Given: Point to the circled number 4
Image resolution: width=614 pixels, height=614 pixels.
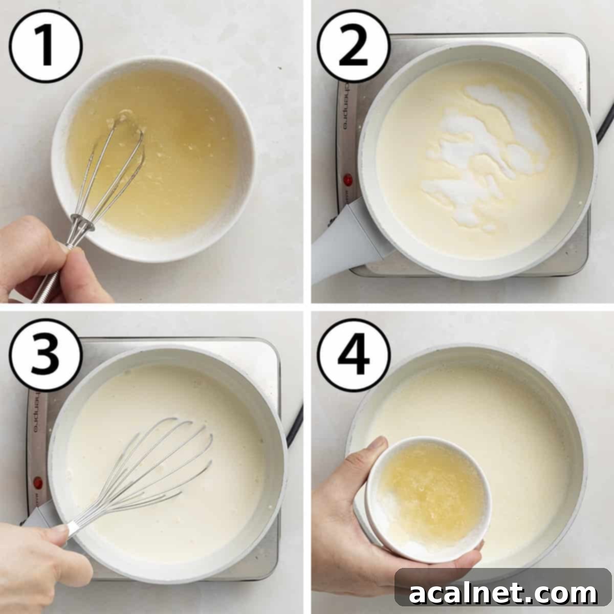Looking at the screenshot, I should click(x=353, y=354).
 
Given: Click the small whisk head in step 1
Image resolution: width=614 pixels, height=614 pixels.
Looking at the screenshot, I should click(x=120, y=153).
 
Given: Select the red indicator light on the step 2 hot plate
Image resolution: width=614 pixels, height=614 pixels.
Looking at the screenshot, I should click(x=348, y=180).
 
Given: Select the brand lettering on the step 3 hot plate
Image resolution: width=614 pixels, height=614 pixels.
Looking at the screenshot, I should click(x=39, y=414).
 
